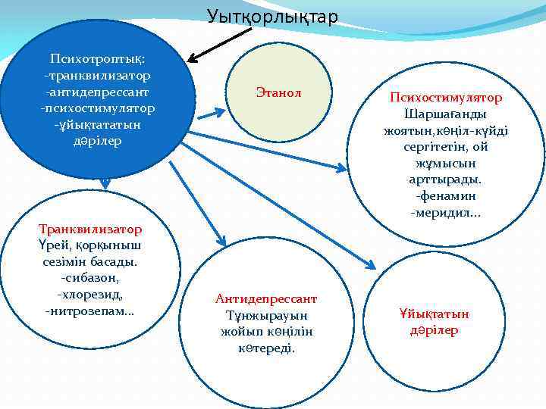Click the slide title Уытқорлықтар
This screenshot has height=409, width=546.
point(273,16)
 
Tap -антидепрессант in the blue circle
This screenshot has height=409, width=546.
point(98,92)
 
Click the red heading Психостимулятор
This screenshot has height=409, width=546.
point(445,98)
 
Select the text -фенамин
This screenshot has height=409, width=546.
point(445,197)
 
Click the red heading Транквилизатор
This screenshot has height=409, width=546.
point(90,229)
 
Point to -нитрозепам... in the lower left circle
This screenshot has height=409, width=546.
point(89,311)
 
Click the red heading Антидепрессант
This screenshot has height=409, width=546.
point(265,298)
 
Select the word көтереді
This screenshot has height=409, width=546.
point(265,348)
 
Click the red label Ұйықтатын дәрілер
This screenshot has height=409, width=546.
point(435,322)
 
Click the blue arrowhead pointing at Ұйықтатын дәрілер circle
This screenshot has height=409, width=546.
point(370,265)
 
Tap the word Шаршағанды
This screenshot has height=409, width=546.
point(445,114)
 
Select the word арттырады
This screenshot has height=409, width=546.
point(445,180)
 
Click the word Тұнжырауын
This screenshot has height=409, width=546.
point(265,315)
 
